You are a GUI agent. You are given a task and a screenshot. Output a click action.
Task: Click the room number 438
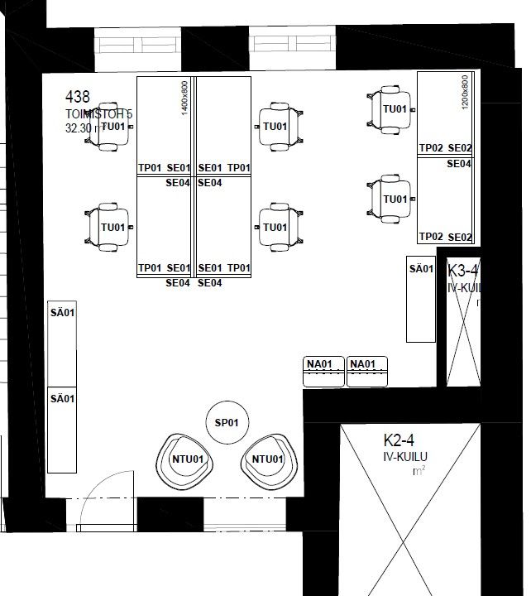coord(78,97)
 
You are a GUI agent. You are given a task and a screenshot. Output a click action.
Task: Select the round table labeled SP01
coord(227,423)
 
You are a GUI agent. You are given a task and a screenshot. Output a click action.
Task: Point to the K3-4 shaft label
coord(462,271)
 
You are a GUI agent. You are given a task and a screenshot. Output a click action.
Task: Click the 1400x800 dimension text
coord(184,96)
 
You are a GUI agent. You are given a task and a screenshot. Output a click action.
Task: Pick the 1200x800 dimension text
coord(465,92)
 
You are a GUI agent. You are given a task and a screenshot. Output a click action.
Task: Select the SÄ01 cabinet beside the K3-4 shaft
coord(421,299)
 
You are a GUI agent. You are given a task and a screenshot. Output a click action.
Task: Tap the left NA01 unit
coord(324,371)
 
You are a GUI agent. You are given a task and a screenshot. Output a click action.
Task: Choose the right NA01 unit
coord(367,371)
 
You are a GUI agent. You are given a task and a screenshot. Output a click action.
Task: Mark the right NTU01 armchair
coord(268,459)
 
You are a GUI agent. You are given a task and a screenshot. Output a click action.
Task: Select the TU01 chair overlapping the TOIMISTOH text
coord(110,127)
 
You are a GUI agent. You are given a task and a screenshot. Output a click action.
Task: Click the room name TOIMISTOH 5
coord(98,113)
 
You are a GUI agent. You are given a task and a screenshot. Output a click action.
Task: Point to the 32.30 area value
coord(81,128)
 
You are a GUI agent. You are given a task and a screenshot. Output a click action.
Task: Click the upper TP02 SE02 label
coord(445,148)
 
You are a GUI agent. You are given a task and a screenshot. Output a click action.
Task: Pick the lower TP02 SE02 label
coord(445,237)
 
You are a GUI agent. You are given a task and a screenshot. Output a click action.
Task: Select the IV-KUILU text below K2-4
coord(404,456)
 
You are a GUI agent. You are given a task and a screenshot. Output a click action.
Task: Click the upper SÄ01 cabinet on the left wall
coord(63,343)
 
